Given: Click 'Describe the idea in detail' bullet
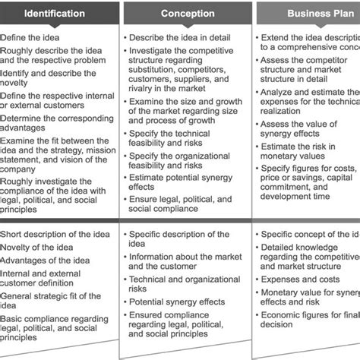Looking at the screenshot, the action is pyautogui.click(x=179, y=36).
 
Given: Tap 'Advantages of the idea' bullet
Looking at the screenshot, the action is pyautogui.click(x=46, y=261).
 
